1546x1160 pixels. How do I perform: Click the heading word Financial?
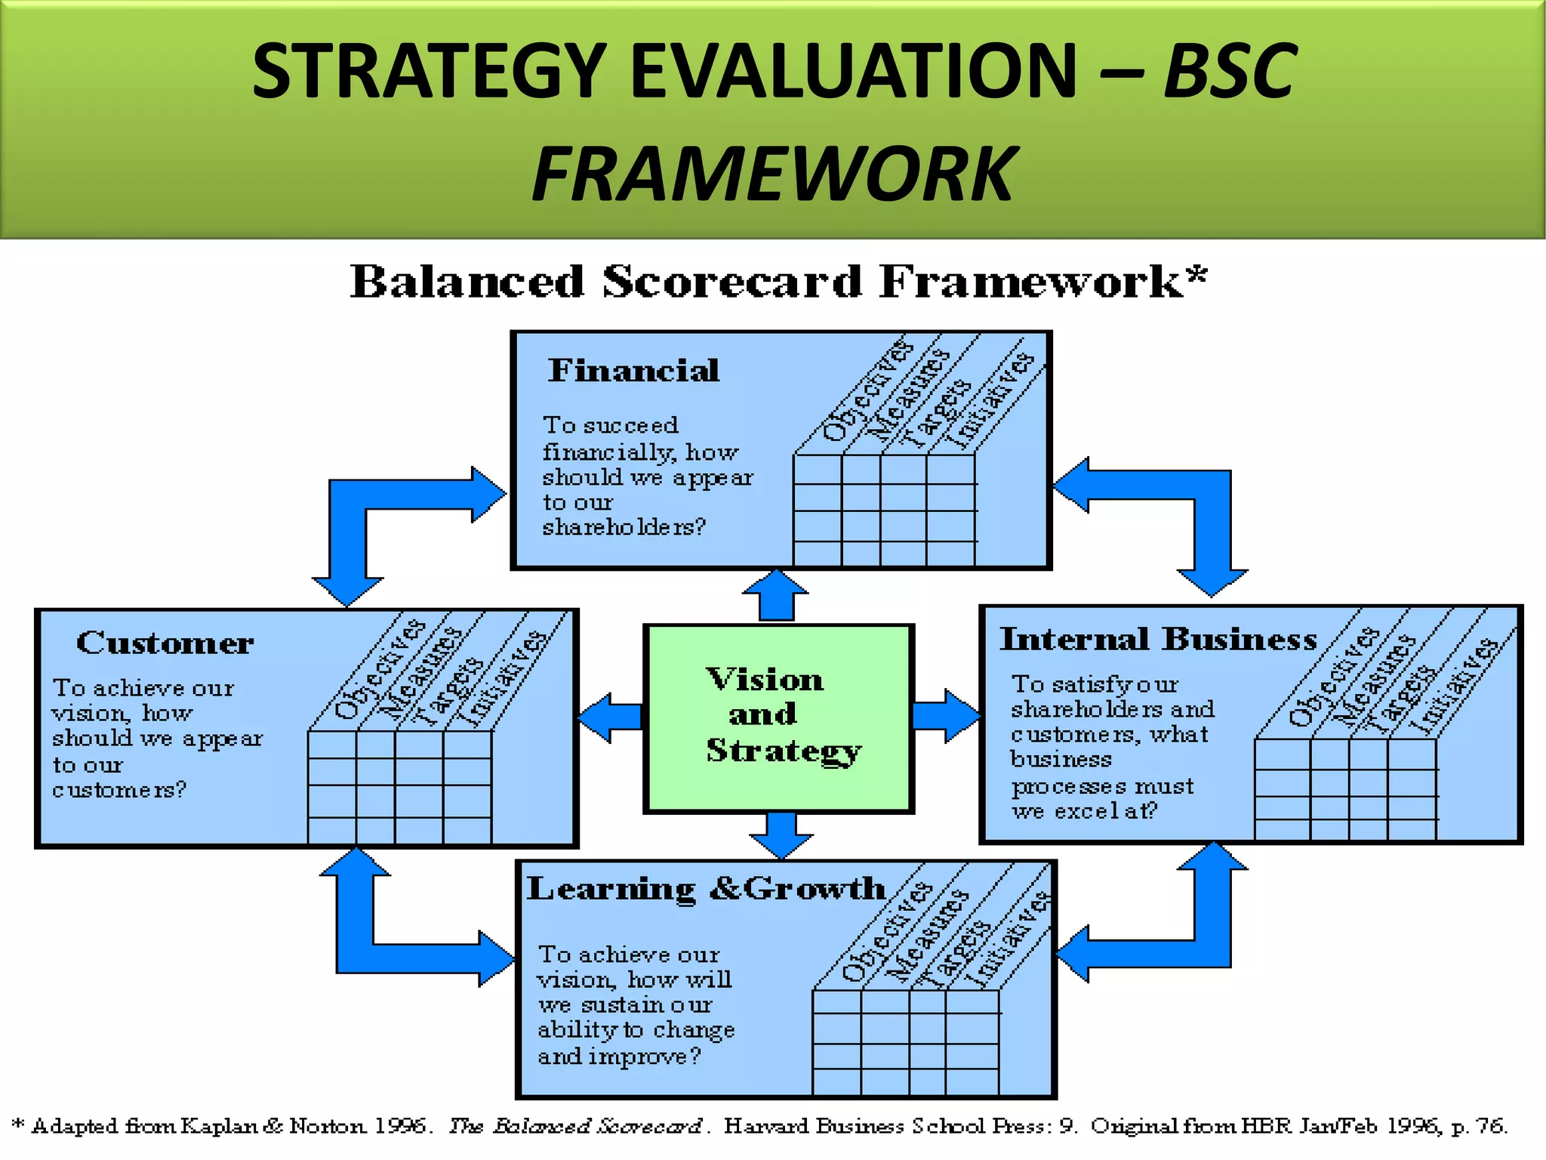pos(633,371)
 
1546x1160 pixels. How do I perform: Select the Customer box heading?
pos(165,643)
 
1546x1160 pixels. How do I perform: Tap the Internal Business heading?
pos(1158,640)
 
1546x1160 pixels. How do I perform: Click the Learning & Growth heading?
pos(705,889)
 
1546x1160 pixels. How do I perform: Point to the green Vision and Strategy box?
pos(778,717)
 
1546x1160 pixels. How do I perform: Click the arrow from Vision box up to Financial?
pos(776,597)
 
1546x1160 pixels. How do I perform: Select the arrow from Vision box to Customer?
pos(610,717)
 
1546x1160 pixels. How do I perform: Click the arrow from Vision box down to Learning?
pos(781,835)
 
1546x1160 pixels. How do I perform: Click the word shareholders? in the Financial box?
pos(624,527)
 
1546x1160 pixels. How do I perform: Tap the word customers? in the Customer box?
pos(119,790)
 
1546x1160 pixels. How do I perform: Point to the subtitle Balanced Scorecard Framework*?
pos(778,282)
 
